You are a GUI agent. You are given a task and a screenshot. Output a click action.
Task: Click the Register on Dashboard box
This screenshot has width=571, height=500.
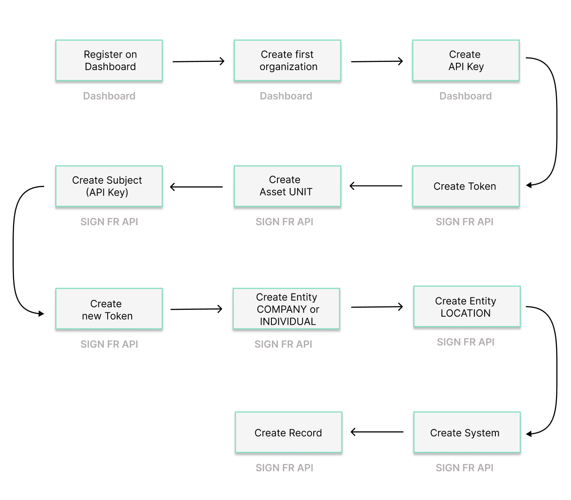tap(109, 60)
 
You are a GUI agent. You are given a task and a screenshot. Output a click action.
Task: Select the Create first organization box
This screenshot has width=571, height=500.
tap(287, 60)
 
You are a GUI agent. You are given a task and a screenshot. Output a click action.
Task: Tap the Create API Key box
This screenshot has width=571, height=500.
tap(465, 60)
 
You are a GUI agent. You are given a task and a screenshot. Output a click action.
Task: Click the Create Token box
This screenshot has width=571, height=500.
tap(465, 186)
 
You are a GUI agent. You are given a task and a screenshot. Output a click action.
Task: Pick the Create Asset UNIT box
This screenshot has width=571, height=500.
tap(287, 186)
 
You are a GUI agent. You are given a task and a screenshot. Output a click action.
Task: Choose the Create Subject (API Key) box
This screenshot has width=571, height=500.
tap(109, 186)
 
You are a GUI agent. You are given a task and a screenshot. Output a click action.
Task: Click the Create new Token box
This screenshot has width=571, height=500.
tap(109, 309)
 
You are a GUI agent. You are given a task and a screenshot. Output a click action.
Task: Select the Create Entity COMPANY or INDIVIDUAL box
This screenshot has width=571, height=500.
tap(286, 309)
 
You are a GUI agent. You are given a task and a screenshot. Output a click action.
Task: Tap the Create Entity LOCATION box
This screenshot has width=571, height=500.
tap(467, 306)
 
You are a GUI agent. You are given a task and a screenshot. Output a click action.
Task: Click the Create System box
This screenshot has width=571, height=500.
tap(467, 432)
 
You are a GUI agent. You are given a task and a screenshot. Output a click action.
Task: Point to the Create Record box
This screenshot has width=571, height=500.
tap(288, 432)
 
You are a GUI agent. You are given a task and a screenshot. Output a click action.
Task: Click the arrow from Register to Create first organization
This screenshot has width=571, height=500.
tap(198, 62)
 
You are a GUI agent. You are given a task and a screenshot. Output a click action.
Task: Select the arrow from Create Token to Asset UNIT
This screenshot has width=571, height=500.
tap(376, 186)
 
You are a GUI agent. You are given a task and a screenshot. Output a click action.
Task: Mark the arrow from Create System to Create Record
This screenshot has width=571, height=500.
tap(377, 432)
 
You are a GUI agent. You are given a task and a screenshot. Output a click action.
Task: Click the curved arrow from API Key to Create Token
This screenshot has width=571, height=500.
tap(556, 122)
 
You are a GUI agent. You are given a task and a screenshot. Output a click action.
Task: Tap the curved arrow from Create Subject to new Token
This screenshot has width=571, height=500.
tap(14, 250)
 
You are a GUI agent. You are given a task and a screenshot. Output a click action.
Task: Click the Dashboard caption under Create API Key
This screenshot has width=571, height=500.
tap(465, 96)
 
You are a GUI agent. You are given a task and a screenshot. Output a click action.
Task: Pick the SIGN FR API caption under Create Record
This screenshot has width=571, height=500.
tap(284, 468)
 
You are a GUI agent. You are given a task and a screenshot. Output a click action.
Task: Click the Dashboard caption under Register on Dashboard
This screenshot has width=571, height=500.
tap(109, 96)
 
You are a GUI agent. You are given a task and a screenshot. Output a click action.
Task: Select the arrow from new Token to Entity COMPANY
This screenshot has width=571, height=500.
tap(197, 309)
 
